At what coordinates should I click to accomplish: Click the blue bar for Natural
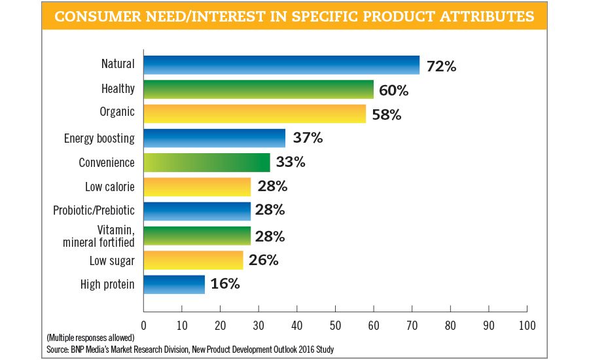pos(281,65)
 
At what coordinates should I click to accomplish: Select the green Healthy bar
pos(259,89)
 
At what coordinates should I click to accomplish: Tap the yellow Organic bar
pos(255,113)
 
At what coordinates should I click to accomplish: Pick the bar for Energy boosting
pos(215,138)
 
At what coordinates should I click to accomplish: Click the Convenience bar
pos(207,162)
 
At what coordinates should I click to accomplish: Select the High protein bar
pos(174,284)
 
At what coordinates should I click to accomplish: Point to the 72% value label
pos(442,65)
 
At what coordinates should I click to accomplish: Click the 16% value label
pos(226,285)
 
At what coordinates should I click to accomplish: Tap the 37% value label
pos(308,139)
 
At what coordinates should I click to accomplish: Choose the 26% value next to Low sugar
pos(264,261)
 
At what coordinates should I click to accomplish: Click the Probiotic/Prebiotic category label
pos(94,211)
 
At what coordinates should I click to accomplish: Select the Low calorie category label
pos(110,187)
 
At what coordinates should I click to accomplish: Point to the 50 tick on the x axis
pos(335,325)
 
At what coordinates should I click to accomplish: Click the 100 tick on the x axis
pos(527,325)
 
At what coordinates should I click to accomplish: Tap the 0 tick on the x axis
pos(143,325)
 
